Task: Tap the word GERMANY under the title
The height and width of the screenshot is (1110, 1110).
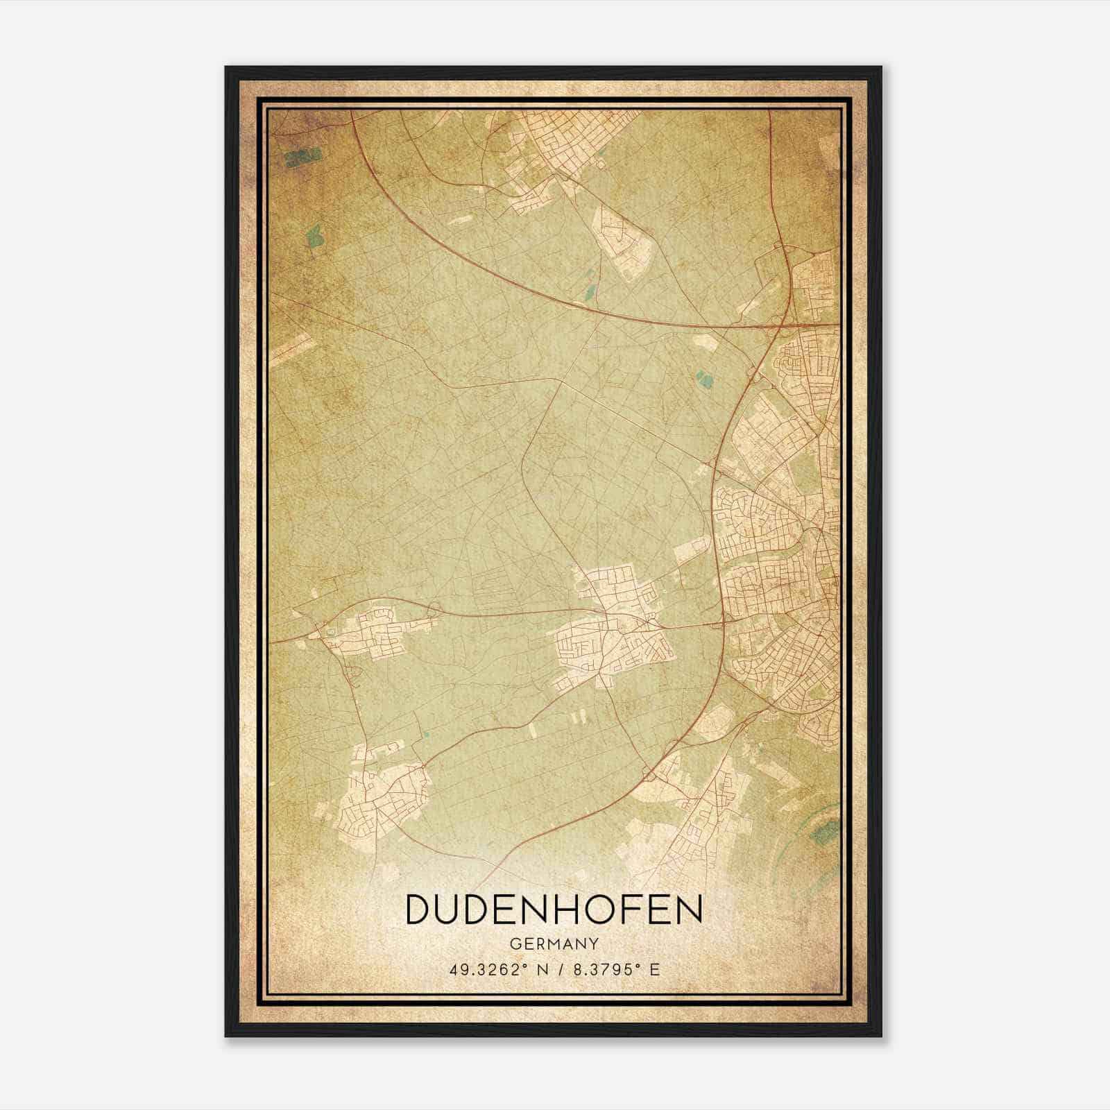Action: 554,944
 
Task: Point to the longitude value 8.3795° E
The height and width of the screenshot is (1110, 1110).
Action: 613,970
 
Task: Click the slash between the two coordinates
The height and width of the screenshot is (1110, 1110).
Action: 558,970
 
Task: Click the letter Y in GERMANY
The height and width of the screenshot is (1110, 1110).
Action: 593,944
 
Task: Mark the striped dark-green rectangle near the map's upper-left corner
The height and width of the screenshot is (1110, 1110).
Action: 302,157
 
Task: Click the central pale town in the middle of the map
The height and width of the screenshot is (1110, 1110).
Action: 614,624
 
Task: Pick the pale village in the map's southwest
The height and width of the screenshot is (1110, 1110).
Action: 378,798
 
